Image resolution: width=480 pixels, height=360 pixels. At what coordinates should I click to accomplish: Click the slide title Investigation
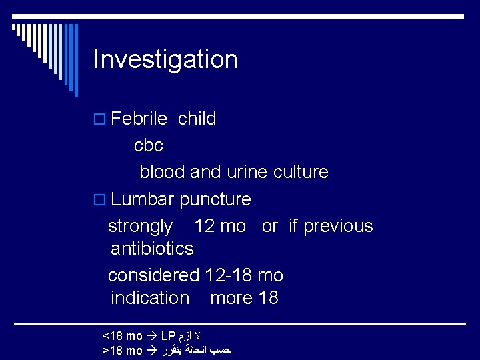[165, 59]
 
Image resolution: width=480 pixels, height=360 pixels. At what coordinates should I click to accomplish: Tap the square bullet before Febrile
[100, 120]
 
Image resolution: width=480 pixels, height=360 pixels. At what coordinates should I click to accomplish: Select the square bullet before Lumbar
[100, 200]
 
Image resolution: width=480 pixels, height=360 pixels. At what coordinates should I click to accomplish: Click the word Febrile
[139, 119]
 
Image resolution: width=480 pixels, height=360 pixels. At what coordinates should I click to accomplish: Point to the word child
[197, 119]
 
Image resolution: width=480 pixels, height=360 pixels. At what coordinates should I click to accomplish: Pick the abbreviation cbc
[149, 145]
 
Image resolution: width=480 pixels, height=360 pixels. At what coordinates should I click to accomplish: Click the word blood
[162, 172]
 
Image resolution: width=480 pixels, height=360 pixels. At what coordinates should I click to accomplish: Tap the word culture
[301, 172]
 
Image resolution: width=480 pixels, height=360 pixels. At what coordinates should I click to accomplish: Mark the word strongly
[140, 227]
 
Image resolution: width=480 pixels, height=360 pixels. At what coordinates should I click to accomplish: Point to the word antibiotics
[152, 249]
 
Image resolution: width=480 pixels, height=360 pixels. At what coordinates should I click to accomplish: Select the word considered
[153, 275]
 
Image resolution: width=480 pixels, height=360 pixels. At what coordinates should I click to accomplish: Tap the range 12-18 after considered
[229, 275]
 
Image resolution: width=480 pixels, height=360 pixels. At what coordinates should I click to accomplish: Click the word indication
[150, 297]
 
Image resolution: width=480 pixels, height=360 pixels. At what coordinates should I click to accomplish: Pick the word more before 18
[231, 297]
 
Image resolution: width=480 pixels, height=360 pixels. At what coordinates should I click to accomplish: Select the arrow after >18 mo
[151, 350]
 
